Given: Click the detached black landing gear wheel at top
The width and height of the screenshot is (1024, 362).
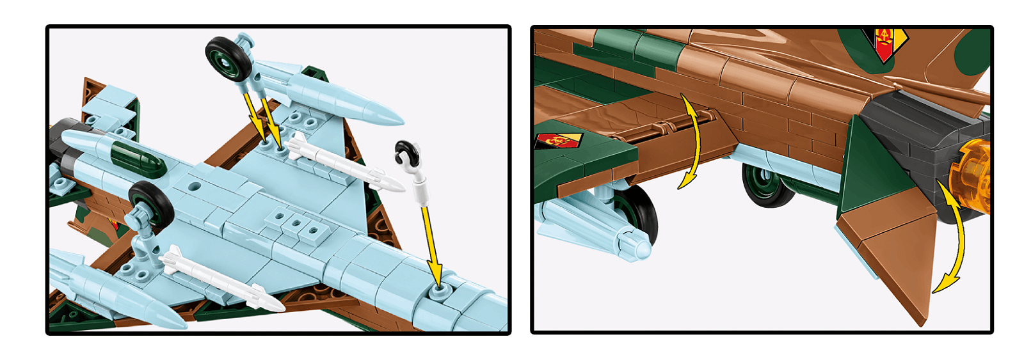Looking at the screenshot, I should click(x=227, y=58).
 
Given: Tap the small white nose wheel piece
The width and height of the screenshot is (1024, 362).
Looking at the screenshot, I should click(x=407, y=153).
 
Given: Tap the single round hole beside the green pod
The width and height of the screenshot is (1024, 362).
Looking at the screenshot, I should click(x=194, y=187).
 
